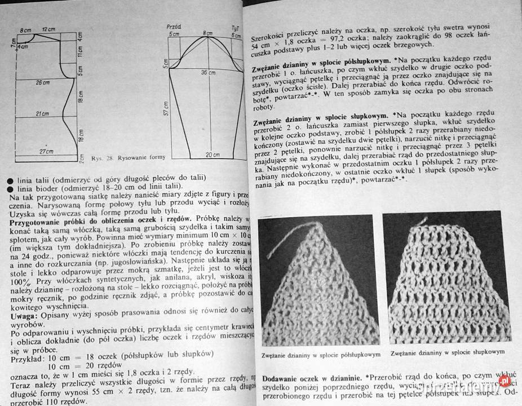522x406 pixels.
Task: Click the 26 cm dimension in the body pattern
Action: (x=43, y=82)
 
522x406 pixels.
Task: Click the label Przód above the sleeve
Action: (x=174, y=27)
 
